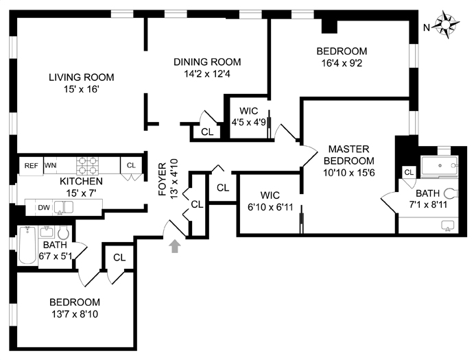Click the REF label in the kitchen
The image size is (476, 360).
point(31,165)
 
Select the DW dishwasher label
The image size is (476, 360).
point(43,206)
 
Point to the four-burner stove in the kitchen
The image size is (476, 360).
point(88,165)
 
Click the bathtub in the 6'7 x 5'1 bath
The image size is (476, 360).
point(27,245)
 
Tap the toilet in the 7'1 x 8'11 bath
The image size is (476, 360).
point(449,194)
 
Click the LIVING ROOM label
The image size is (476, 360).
point(81,77)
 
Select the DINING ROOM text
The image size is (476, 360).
point(206,62)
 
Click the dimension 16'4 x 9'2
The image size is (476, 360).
point(341,64)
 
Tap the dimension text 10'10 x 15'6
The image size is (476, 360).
point(348,173)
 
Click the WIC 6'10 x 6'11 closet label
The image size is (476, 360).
point(269,197)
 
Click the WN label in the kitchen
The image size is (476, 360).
point(50,165)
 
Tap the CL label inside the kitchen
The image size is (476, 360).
point(131,165)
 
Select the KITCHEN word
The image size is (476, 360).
point(81,182)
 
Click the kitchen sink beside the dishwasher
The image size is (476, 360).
point(60,206)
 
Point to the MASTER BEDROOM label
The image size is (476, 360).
point(348,154)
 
